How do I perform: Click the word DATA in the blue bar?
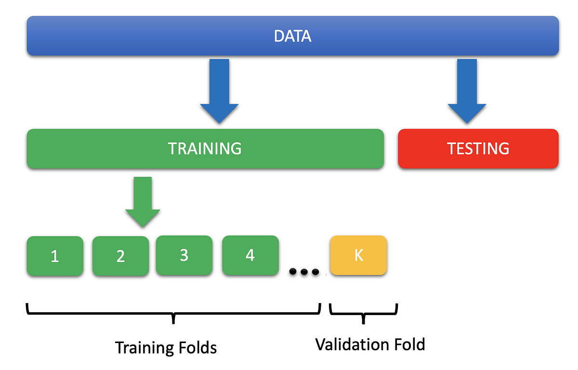(292, 36)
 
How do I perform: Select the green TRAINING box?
(205, 148)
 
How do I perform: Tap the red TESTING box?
(478, 148)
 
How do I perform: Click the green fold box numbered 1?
(55, 256)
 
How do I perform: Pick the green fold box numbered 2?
(120, 256)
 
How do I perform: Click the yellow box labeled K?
(358, 255)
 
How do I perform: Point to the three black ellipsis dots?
(304, 272)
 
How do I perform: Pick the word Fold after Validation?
(409, 344)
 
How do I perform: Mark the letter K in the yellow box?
(358, 255)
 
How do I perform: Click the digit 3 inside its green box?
(184, 255)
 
